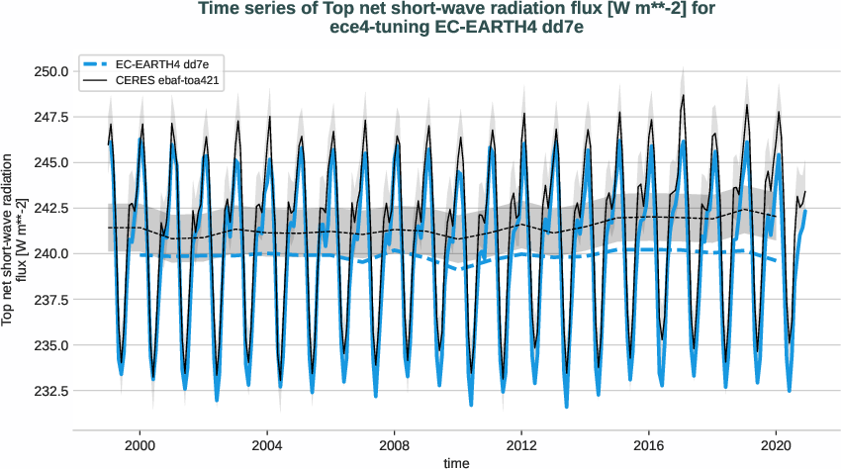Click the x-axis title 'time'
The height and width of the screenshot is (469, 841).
(x=456, y=462)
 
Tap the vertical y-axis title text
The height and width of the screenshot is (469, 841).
(x=13, y=239)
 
